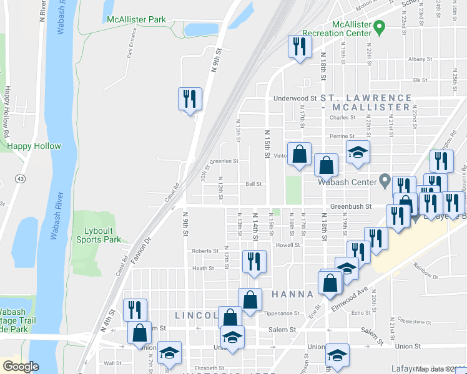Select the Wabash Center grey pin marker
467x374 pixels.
[x=385, y=182]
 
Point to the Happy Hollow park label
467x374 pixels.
[x=34, y=146]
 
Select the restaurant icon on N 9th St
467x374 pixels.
[x=190, y=98]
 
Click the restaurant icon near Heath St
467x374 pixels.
[x=254, y=262]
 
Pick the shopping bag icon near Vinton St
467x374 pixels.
[x=300, y=154]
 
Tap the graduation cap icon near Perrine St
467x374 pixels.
[x=358, y=153]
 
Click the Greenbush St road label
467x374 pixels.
[x=350, y=206]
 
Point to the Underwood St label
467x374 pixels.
[x=295, y=98]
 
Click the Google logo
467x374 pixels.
[x=21, y=367]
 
